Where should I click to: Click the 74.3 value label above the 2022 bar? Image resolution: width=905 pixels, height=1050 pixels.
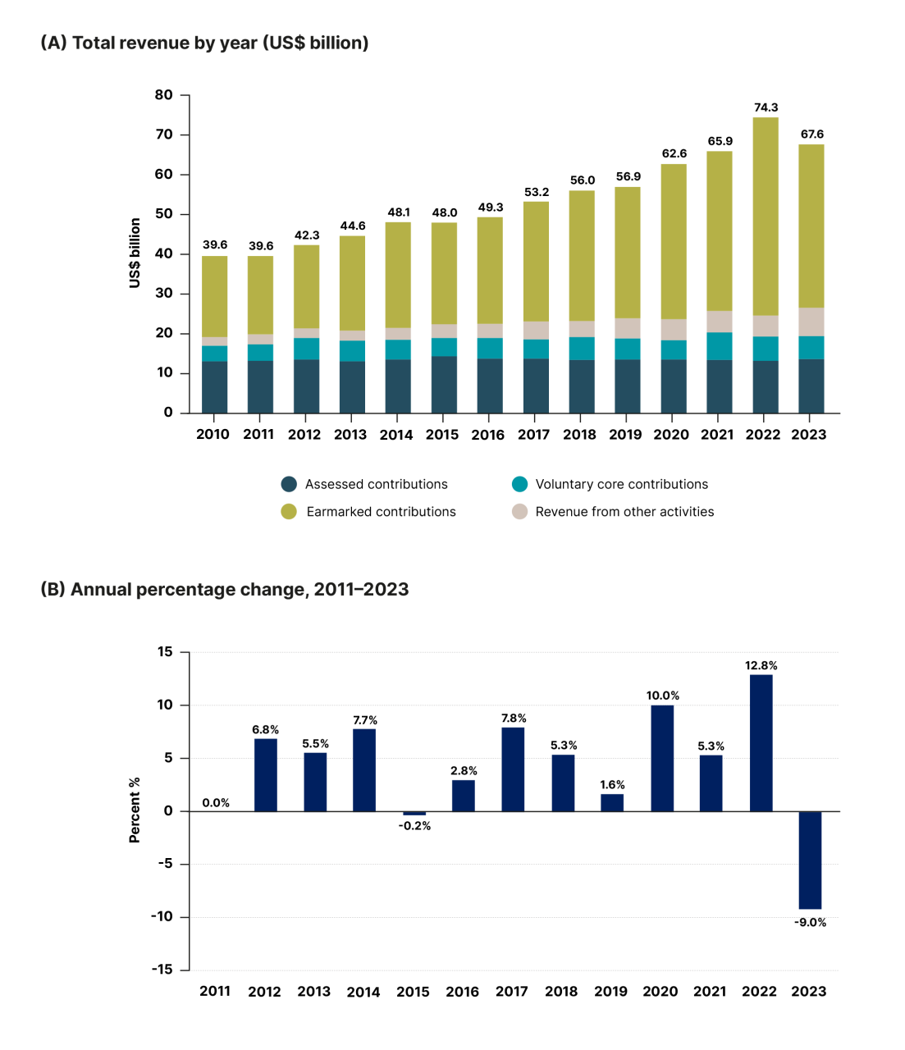tap(766, 107)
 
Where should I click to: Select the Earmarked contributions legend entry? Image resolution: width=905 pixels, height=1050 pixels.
tap(381, 512)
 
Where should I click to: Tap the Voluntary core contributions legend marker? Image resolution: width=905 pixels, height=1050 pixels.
tap(519, 484)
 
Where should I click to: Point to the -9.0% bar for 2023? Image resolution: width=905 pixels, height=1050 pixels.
tap(810, 860)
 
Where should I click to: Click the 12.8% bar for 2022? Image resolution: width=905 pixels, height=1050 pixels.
tap(761, 742)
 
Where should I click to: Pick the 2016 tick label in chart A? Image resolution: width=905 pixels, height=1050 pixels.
tap(487, 435)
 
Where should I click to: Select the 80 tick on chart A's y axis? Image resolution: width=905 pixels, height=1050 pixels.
tap(164, 95)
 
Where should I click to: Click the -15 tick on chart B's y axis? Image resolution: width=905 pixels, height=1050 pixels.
tap(162, 970)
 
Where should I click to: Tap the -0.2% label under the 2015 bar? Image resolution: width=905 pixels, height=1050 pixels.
tap(414, 826)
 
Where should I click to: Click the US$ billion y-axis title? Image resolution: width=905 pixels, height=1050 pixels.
tap(135, 253)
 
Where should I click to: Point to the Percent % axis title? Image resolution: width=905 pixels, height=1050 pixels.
tap(135, 810)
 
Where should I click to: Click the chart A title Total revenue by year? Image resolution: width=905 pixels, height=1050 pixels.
tap(204, 43)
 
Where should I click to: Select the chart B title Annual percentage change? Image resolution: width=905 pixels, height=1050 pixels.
tap(224, 589)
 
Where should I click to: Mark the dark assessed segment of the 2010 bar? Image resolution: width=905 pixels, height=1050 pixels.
tap(214, 387)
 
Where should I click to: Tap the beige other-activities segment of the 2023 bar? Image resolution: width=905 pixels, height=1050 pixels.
tap(811, 322)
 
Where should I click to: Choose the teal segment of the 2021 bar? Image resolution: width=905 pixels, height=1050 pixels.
tap(720, 346)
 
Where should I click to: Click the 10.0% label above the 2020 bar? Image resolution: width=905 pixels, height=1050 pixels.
tap(662, 696)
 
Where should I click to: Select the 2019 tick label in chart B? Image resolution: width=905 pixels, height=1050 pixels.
tap(610, 992)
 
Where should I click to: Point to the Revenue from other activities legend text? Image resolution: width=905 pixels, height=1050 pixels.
tap(624, 512)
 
